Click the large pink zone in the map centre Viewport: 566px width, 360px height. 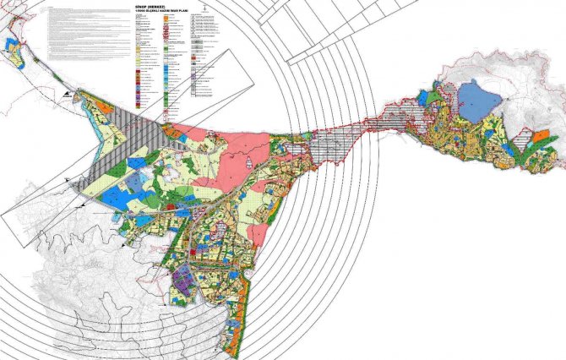[229, 149]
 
